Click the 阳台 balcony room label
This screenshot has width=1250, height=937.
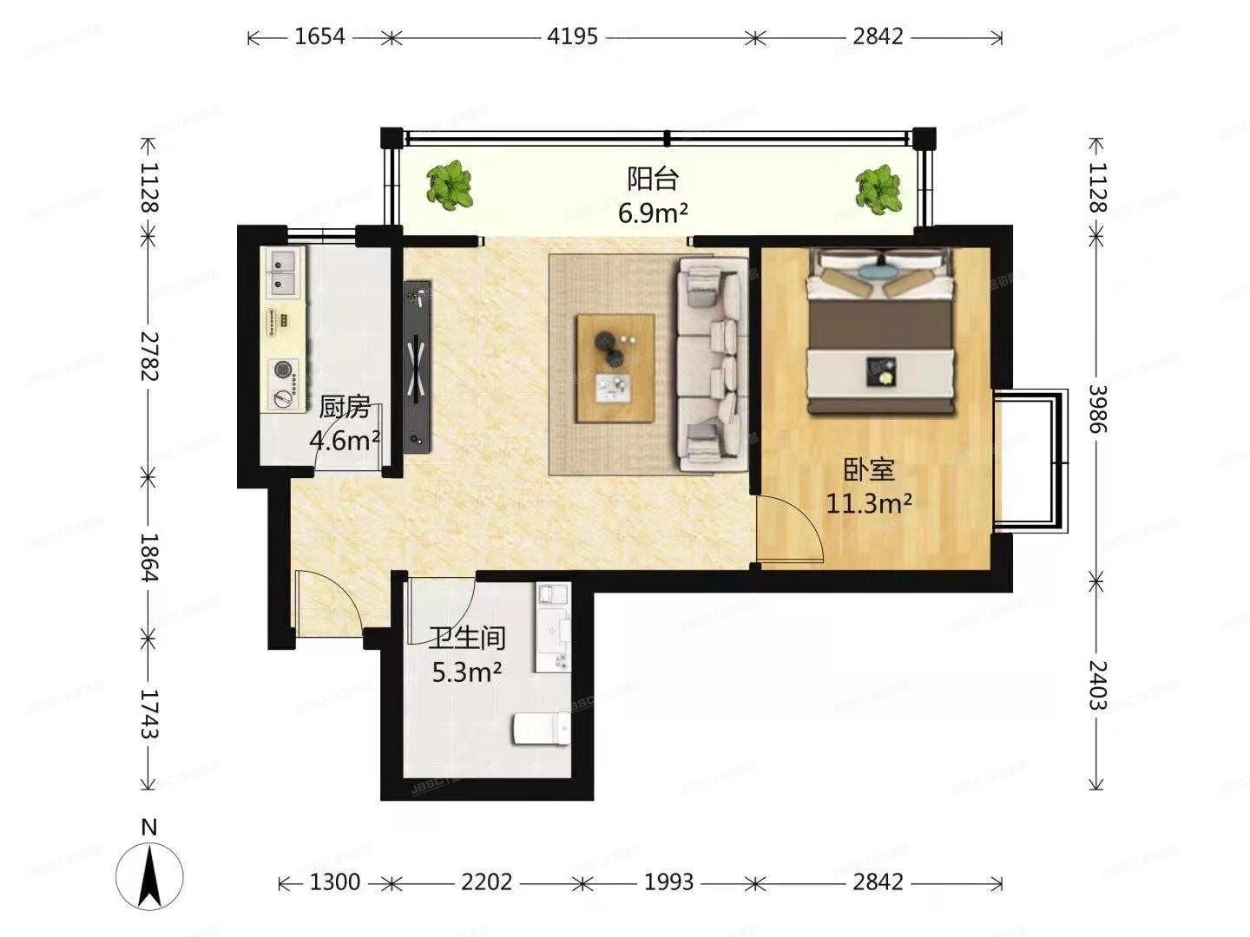point(653,179)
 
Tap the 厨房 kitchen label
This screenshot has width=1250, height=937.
point(345,406)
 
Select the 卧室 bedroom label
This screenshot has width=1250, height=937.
point(869,470)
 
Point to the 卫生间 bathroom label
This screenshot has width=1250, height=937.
point(467,639)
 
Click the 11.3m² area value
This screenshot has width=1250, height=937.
point(869,503)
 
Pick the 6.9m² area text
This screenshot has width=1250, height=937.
point(653,213)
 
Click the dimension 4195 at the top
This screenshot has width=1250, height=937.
point(572,36)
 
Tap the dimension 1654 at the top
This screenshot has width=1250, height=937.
point(319,36)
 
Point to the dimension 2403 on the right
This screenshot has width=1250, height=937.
point(1097,685)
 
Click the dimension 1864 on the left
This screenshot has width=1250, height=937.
point(148,557)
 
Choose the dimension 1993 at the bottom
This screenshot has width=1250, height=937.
point(668,882)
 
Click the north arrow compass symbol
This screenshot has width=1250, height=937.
point(150,872)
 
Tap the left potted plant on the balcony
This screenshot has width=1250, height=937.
point(450,185)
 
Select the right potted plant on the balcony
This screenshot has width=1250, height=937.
point(878,189)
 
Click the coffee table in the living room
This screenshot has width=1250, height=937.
point(615,368)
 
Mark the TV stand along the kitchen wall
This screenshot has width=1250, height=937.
point(418,365)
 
